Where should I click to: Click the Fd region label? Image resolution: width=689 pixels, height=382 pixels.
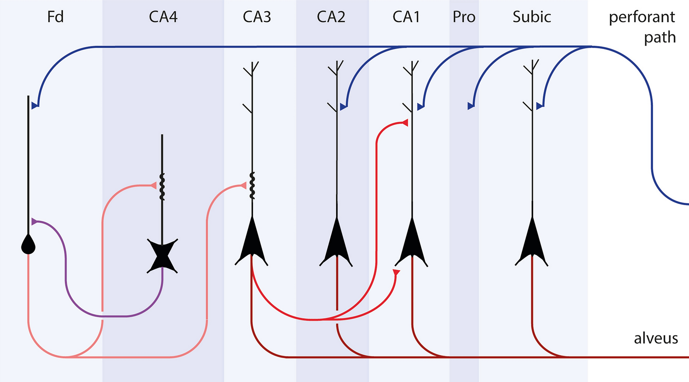point(55,17)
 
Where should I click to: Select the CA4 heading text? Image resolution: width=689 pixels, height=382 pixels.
point(163,17)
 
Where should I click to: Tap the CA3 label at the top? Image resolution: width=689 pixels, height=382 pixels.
point(257,17)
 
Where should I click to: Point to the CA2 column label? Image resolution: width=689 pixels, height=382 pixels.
point(331,17)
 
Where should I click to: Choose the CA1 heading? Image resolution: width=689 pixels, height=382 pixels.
point(406,17)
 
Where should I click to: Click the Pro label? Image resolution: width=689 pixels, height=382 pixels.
point(464,17)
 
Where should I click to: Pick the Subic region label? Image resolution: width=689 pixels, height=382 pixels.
point(531,17)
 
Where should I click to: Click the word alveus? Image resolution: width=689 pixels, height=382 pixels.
point(656,338)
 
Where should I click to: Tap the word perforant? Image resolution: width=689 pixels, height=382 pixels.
point(642,17)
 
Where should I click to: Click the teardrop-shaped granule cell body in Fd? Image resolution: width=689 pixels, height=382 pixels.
point(28,245)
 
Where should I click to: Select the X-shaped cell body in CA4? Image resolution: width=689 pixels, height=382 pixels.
point(162,256)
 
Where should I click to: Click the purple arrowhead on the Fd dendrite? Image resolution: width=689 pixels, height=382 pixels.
point(34,222)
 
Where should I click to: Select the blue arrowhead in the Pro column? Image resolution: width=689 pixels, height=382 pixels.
point(471,106)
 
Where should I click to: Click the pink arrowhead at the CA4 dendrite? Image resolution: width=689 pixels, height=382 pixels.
point(154,186)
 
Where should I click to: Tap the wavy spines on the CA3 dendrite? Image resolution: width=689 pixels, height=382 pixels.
point(252,186)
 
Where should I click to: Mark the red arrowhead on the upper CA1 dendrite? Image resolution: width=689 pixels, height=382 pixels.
point(405,123)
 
